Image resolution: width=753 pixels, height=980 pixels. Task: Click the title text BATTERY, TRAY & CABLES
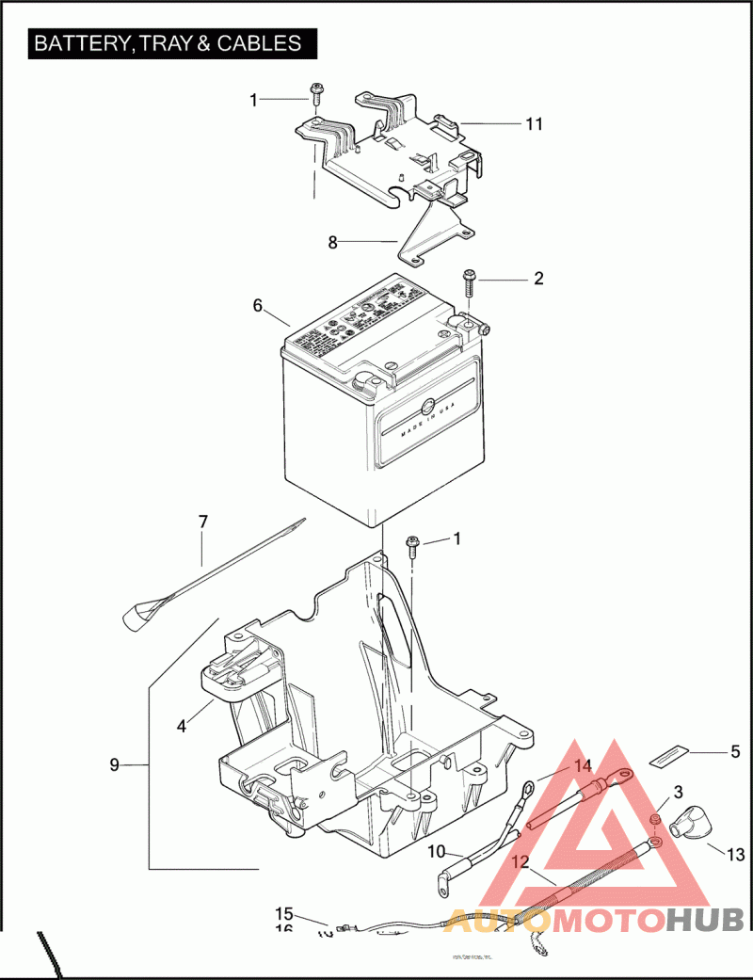[168, 43]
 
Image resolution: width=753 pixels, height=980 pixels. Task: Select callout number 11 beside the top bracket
[534, 124]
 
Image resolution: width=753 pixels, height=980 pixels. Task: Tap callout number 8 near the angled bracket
[332, 242]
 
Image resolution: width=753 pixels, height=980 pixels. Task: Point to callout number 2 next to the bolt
[538, 279]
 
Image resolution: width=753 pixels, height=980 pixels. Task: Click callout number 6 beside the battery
[256, 305]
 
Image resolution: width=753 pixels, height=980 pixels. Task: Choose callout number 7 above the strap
[202, 521]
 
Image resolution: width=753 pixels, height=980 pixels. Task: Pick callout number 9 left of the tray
[114, 764]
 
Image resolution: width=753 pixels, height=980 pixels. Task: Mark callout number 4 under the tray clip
[182, 726]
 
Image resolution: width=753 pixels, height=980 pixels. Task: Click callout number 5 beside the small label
[735, 752]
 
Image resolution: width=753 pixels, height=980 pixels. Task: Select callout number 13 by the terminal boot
[735, 855]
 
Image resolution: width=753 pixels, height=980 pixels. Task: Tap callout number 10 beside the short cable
[436, 852]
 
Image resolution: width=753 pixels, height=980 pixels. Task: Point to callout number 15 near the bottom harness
[284, 913]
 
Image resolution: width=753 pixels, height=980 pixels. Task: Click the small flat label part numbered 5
[668, 755]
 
